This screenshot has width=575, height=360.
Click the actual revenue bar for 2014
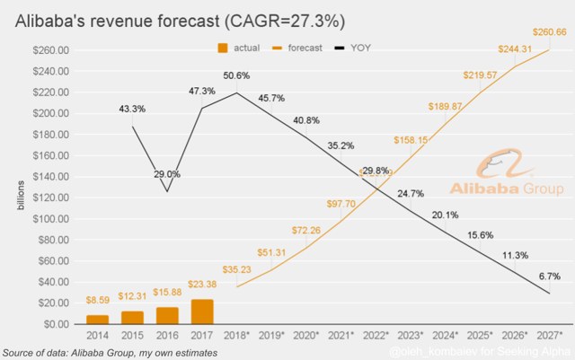(97, 319)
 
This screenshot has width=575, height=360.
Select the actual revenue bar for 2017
(202, 311)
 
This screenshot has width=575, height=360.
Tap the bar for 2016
(167, 315)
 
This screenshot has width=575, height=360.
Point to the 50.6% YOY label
(238, 77)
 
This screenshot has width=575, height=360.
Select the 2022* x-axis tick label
(376, 336)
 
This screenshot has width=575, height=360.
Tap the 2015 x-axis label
(132, 336)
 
